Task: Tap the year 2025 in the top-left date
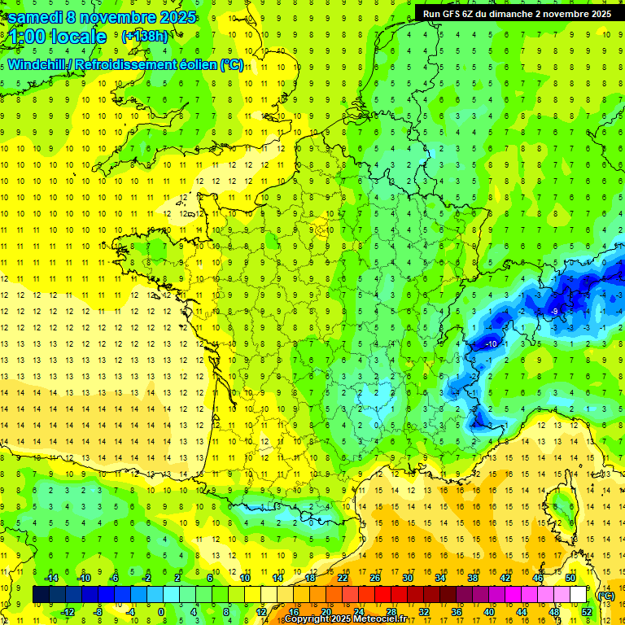(x=172, y=16)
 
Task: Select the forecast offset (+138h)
(x=144, y=36)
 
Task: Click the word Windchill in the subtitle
(x=37, y=65)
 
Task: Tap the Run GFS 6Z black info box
(x=518, y=13)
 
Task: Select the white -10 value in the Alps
(x=491, y=344)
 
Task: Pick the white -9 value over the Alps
(x=554, y=312)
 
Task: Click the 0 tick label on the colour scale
(x=161, y=611)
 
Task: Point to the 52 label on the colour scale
(x=587, y=611)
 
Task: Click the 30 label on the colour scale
(x=407, y=578)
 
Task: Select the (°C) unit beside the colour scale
(x=605, y=595)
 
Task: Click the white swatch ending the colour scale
(x=579, y=595)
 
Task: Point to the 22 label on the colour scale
(x=343, y=578)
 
